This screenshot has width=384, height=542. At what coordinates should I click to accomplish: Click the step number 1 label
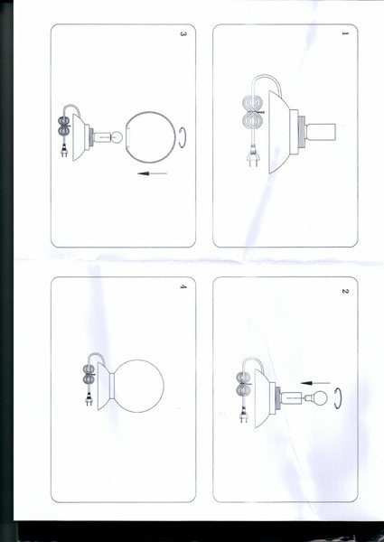(x=345, y=33)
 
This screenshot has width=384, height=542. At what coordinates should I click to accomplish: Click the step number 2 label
(x=345, y=291)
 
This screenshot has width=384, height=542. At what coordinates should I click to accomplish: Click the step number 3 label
(x=183, y=34)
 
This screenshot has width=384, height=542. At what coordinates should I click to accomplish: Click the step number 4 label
(x=183, y=286)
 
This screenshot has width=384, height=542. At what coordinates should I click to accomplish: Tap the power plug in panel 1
(x=253, y=157)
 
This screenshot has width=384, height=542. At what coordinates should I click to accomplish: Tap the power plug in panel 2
(x=244, y=416)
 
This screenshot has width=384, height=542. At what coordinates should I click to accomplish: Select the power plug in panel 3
(x=64, y=151)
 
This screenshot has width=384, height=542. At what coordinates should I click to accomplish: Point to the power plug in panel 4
(x=89, y=400)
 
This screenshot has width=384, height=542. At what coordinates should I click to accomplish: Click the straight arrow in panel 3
(x=152, y=173)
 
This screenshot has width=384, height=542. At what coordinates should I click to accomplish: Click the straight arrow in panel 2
(x=315, y=383)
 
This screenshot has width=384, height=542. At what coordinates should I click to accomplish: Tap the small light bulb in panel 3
(x=117, y=137)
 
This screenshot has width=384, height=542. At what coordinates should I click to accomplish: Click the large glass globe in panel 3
(x=151, y=137)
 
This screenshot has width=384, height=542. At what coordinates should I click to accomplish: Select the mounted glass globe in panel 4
(x=138, y=386)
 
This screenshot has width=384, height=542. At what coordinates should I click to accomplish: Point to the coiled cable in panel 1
(x=254, y=112)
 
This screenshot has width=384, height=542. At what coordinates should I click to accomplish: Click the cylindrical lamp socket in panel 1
(x=321, y=133)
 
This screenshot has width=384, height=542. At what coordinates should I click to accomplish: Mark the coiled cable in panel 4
(x=89, y=374)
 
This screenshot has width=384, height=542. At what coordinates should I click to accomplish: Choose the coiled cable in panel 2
(x=244, y=384)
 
